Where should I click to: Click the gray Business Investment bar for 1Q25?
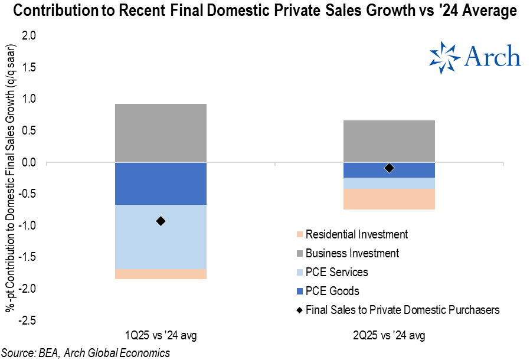tap(161, 133)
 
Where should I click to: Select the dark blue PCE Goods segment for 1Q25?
tap(161, 184)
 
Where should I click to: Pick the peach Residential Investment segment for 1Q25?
tap(161, 274)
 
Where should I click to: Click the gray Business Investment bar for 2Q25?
tap(389, 141)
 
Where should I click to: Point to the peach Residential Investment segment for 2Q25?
tap(389, 199)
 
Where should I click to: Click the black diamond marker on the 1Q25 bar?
tap(161, 221)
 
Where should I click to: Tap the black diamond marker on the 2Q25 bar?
tap(389, 168)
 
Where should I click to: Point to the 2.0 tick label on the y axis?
tap(29, 36)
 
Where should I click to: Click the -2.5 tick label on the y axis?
tap(27, 320)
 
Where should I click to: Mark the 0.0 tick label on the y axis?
tap(29, 162)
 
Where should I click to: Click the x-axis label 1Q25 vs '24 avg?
tap(161, 336)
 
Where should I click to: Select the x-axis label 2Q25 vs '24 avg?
tap(389, 336)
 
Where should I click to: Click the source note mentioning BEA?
tap(86, 352)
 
